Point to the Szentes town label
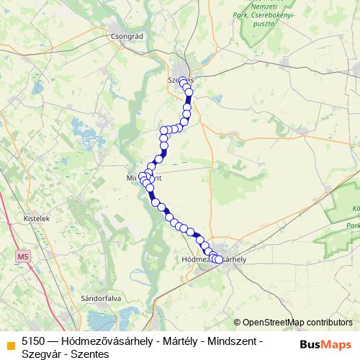(181, 80)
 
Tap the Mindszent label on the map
(144, 177)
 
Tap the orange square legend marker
(9, 344)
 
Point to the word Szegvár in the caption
(41, 354)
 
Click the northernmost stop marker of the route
(183, 81)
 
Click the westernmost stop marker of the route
(143, 176)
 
